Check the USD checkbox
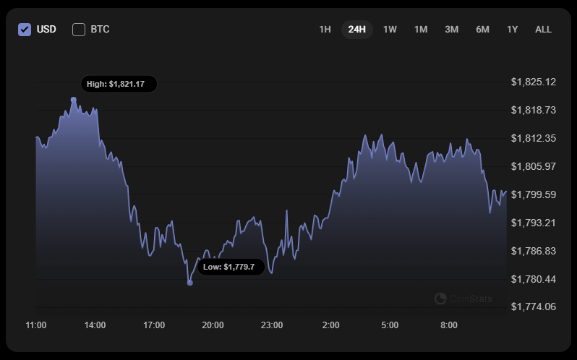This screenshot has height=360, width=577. pyautogui.click(x=25, y=30)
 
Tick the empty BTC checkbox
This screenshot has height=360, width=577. pyautogui.click(x=79, y=30)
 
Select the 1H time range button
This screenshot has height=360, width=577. pyautogui.click(x=325, y=30)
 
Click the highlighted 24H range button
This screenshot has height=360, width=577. pyautogui.click(x=356, y=30)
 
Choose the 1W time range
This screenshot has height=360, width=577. pyautogui.click(x=390, y=30)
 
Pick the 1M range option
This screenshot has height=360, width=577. pyautogui.click(x=421, y=30)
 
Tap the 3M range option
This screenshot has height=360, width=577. pyautogui.click(x=452, y=30)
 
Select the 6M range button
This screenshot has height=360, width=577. pyautogui.click(x=482, y=30)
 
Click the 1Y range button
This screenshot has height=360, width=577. pyautogui.click(x=512, y=30)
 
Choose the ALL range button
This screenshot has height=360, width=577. pyautogui.click(x=543, y=30)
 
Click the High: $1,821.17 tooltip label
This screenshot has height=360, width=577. pyautogui.click(x=116, y=84)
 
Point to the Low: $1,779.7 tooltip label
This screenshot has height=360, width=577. pyautogui.click(x=228, y=267)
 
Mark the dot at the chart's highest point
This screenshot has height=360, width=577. pyautogui.click(x=74, y=100)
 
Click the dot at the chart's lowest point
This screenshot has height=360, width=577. pyautogui.click(x=190, y=283)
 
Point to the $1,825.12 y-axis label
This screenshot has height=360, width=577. pyautogui.click(x=533, y=82)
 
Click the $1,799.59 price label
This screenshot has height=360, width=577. pyautogui.click(x=533, y=194)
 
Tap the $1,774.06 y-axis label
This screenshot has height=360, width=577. pyautogui.click(x=533, y=307)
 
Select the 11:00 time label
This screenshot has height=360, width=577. pyautogui.click(x=36, y=325)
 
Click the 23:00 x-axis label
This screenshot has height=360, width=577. pyautogui.click(x=272, y=325)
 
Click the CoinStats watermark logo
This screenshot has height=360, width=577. pyautogui.click(x=463, y=299)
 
